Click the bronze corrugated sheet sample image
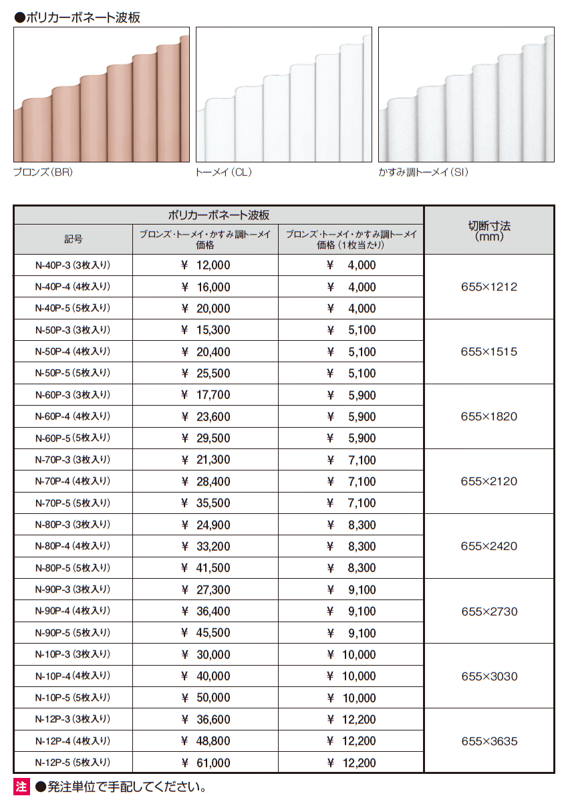101,94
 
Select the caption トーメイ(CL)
223,172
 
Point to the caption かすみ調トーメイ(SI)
423,172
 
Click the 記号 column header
74,239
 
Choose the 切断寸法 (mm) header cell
489,231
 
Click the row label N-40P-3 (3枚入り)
73,265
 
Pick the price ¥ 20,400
206,352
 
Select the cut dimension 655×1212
489,287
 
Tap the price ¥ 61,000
206,763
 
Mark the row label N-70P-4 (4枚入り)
73,481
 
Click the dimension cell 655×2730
489,611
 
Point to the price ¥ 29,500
206,438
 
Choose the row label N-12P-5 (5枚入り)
73,763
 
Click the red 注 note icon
22,787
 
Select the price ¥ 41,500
206,568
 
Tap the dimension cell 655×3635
489,740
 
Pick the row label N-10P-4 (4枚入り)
73,676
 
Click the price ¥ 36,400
206,611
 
